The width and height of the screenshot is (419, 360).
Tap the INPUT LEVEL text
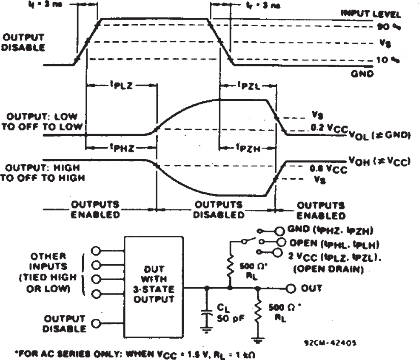371,14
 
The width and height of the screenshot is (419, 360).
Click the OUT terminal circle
291,288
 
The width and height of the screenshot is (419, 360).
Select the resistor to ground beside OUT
258,313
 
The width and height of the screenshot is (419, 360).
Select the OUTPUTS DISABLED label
219,209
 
